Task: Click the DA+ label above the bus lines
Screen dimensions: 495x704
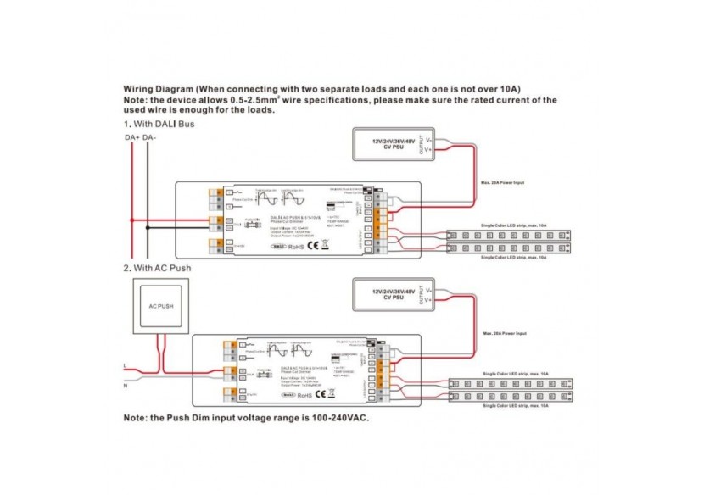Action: coord(131,136)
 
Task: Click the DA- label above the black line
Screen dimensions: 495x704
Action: coord(149,136)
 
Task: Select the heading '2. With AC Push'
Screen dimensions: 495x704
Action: coord(158,269)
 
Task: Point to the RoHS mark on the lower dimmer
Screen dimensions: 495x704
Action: coord(314,394)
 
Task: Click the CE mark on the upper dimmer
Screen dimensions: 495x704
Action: coord(312,246)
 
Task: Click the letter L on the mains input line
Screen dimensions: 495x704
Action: coord(126,365)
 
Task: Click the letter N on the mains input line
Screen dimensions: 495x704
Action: coord(126,387)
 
